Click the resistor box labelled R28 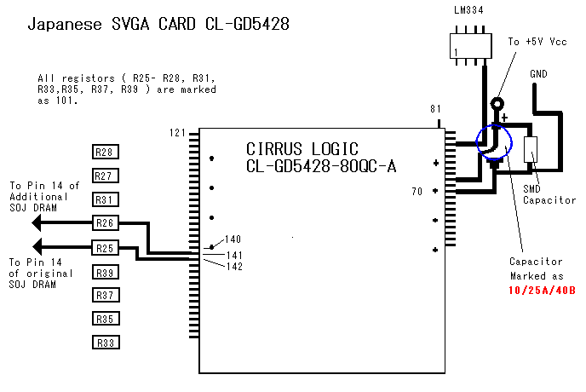[x=105, y=153]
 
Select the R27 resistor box [x=105, y=176]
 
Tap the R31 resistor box [x=105, y=199]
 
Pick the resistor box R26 [x=105, y=223]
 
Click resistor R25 [x=105, y=248]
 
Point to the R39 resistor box [x=105, y=273]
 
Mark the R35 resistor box [x=105, y=319]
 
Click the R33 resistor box [x=105, y=343]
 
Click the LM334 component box [x=471, y=44]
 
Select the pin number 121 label [x=177, y=133]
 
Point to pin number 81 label [x=435, y=109]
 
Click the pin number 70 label [x=417, y=192]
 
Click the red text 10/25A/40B [x=542, y=290]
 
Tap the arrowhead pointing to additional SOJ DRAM [x=37, y=223]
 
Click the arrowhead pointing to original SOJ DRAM [x=37, y=248]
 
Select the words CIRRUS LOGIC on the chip [x=302, y=147]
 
